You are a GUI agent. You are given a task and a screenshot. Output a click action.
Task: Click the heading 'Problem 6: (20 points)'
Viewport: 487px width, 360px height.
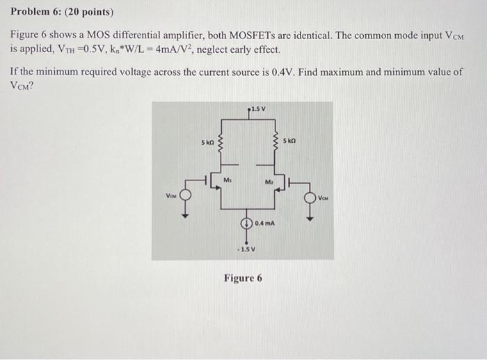point(62,13)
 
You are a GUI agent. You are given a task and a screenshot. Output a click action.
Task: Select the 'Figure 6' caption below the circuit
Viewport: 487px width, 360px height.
point(243,279)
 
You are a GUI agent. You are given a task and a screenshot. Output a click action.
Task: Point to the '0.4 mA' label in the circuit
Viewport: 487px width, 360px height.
point(265,224)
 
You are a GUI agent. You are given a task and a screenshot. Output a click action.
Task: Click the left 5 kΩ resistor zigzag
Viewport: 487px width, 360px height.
point(222,145)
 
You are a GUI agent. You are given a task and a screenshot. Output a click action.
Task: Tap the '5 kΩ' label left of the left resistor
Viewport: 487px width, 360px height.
point(207,142)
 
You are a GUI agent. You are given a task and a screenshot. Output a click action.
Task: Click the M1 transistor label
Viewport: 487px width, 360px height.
point(227,180)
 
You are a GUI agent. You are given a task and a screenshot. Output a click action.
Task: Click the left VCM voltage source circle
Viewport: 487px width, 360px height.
point(186,196)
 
